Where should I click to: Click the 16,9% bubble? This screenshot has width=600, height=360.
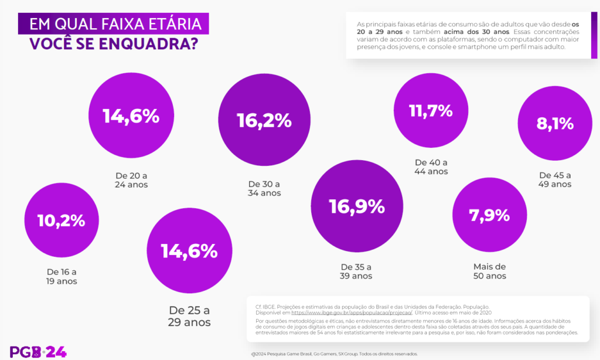point(356,206)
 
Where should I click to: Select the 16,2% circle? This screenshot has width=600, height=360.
point(264,120)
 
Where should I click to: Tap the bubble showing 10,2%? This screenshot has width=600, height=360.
point(62,220)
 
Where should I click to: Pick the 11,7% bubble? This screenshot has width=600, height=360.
point(431,110)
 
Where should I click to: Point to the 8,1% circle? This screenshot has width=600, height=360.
point(555,124)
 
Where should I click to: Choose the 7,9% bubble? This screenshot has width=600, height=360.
point(489,215)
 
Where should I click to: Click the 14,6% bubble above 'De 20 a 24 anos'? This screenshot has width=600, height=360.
point(131,116)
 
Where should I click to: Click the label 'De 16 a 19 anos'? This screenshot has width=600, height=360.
point(62,276)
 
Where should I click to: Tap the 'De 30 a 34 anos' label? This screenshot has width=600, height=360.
point(264,188)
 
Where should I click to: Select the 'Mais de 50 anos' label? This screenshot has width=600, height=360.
point(489,271)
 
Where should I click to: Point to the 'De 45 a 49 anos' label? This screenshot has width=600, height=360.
point(555,179)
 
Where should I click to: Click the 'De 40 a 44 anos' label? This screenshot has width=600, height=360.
point(431,167)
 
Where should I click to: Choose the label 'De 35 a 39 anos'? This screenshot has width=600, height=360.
point(356,271)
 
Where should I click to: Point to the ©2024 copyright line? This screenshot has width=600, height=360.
point(334,354)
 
